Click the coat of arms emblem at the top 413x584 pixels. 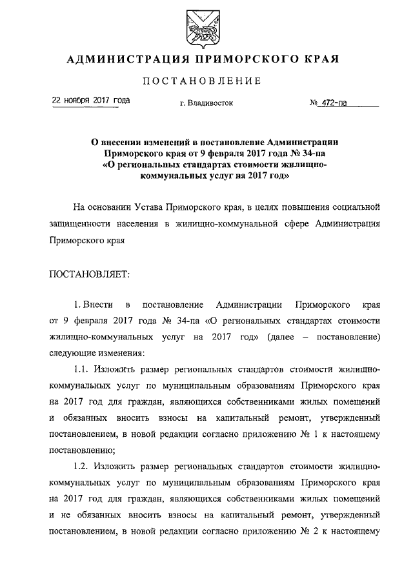[206, 28]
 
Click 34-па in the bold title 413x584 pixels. [314, 154]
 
